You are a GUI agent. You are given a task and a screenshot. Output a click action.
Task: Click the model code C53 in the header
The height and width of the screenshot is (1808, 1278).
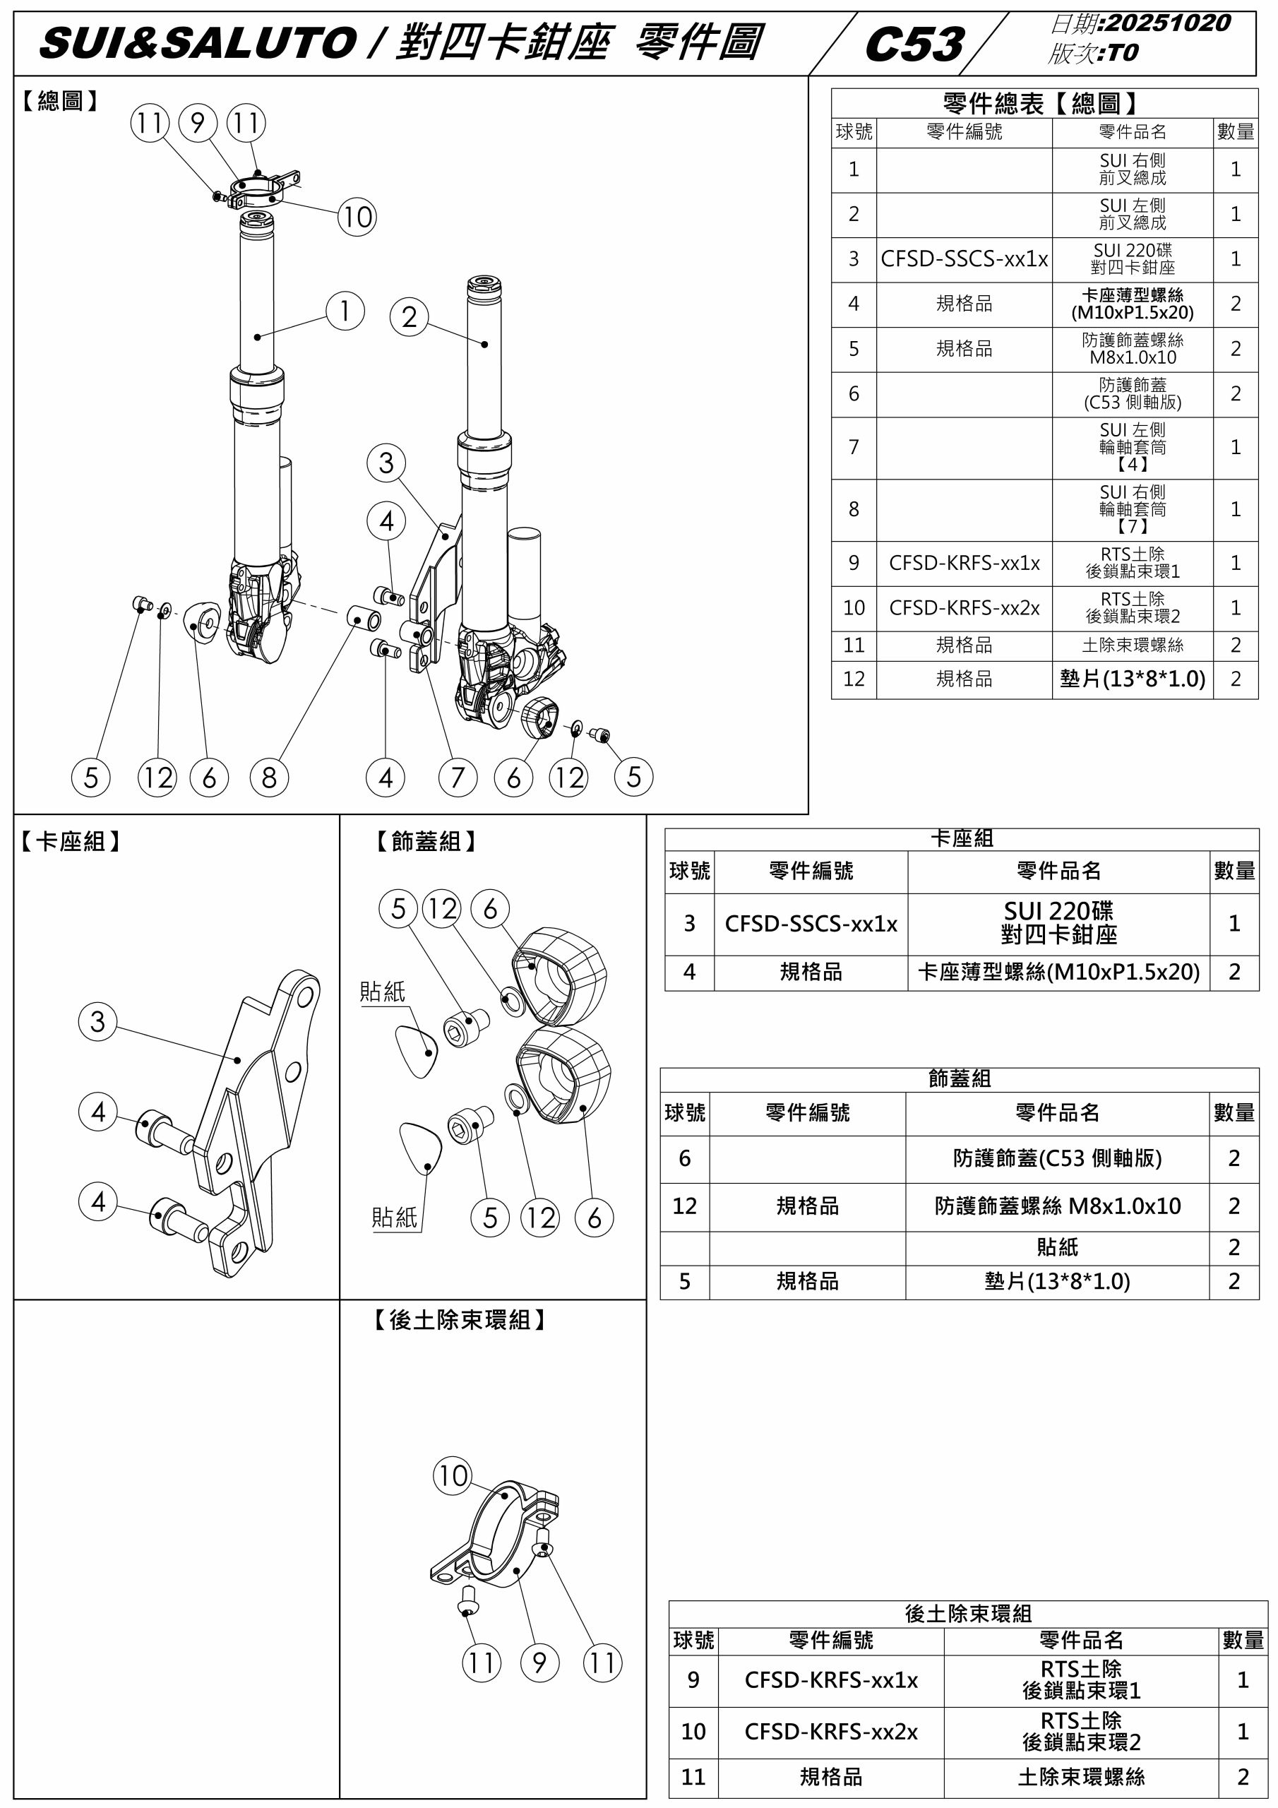coord(914,44)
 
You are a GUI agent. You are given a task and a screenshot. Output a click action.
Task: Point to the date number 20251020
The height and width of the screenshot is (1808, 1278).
coord(1169,22)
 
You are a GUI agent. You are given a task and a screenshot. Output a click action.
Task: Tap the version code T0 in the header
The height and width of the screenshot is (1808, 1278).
coord(1123,53)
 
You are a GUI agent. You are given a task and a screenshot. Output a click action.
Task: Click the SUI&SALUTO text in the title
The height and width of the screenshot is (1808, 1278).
coord(198,43)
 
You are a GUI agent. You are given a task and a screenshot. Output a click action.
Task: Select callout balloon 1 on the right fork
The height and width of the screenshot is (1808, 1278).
coord(345,311)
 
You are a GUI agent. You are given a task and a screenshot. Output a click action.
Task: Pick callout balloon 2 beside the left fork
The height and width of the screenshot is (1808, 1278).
coord(410,317)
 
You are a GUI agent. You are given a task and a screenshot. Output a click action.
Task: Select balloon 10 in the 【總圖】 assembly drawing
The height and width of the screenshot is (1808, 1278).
coord(357,217)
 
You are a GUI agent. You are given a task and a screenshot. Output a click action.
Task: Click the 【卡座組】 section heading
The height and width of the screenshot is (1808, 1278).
coord(70,842)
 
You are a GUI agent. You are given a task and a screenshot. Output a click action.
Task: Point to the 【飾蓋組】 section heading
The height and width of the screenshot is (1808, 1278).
coord(426,842)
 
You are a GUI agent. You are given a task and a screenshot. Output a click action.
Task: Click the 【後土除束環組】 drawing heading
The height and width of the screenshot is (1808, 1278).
coord(459,1320)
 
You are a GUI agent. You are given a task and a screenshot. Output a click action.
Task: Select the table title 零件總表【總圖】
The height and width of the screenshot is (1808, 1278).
coord(1044,103)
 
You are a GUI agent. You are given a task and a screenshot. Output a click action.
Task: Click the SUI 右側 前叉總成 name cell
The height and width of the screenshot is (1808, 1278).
coord(1133,169)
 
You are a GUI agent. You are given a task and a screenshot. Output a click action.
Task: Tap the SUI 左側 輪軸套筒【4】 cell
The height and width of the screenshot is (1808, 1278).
coord(1133,446)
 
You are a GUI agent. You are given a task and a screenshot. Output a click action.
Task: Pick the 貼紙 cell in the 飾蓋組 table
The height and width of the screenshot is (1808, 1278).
coord(1057,1247)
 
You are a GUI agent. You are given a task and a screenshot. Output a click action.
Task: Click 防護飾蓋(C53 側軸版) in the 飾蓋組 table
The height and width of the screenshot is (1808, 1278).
coord(1057,1158)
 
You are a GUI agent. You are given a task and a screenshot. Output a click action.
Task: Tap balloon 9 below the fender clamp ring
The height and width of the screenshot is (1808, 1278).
coord(539,1663)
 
